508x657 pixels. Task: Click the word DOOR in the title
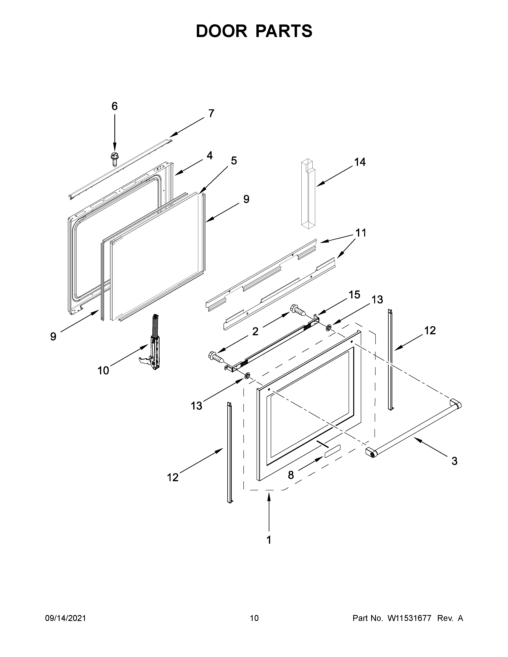pos(221,31)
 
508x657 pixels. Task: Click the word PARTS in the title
pos(284,31)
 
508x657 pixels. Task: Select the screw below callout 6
pos(114,158)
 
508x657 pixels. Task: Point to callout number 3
pos(454,461)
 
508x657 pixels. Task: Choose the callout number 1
pos(269,540)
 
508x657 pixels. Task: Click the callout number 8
pos(290,475)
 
